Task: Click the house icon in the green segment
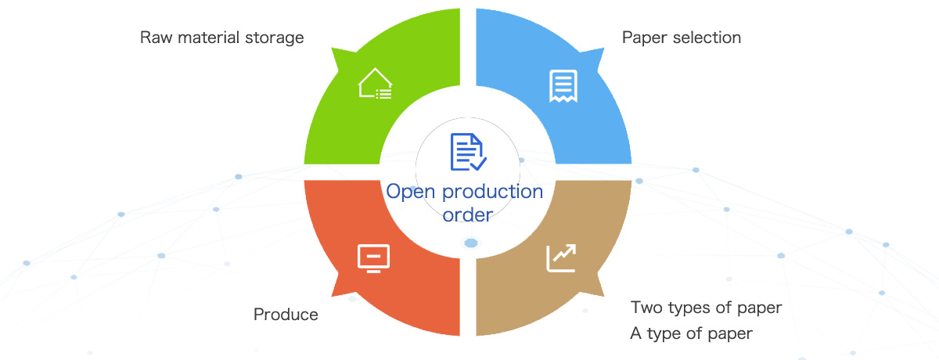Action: (x=375, y=84)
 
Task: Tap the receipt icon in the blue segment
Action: (x=563, y=85)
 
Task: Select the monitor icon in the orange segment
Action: (x=373, y=257)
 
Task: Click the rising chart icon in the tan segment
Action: (x=562, y=257)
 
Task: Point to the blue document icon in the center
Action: (x=468, y=152)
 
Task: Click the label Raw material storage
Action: (x=221, y=38)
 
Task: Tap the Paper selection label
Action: (x=681, y=38)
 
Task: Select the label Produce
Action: (x=286, y=315)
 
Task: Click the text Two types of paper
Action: (x=706, y=308)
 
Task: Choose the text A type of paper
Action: (x=691, y=334)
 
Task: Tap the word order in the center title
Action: (x=467, y=214)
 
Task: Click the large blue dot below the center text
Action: (x=471, y=243)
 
